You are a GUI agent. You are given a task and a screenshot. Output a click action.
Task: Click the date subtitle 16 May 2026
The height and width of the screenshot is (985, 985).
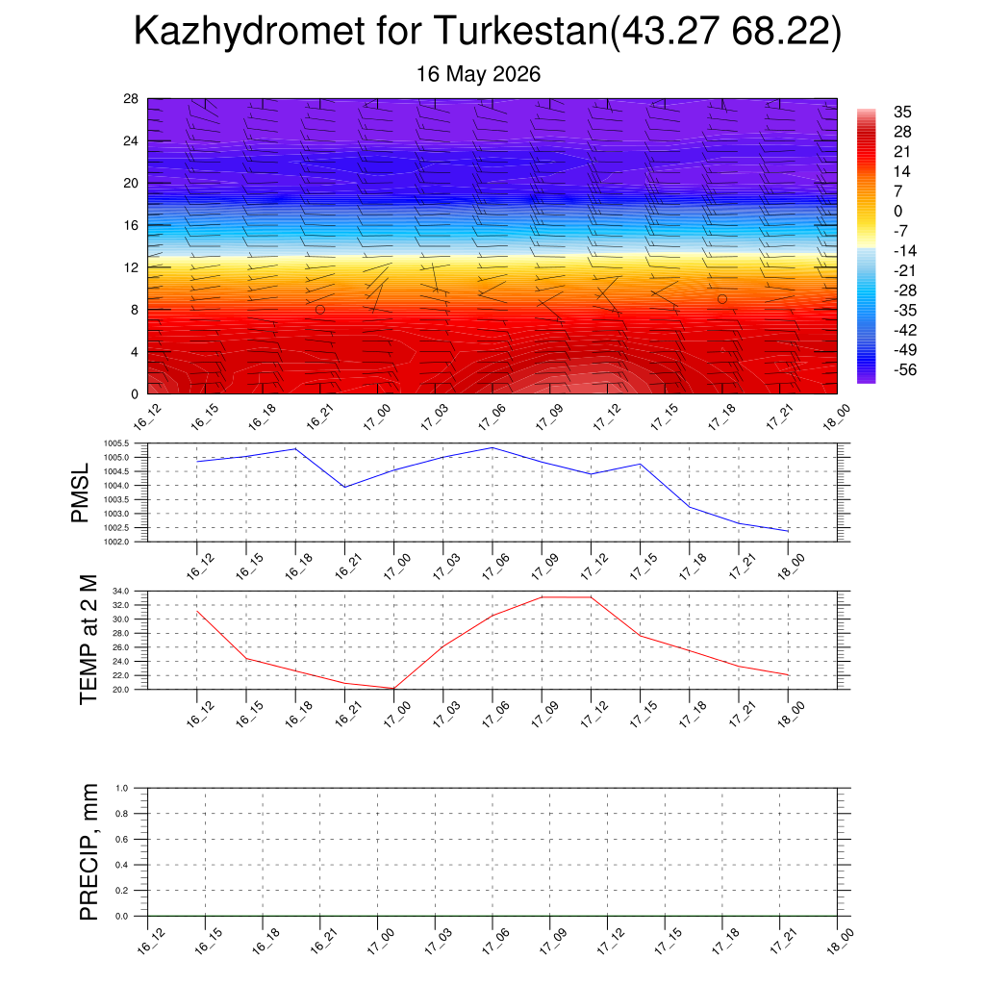(x=478, y=74)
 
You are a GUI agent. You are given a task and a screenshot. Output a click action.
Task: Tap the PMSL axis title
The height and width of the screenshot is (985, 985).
(x=81, y=493)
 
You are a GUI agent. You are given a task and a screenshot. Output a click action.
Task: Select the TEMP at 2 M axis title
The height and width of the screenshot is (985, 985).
(x=88, y=640)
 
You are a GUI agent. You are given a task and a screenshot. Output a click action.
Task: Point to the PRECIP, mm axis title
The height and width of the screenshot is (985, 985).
(x=88, y=852)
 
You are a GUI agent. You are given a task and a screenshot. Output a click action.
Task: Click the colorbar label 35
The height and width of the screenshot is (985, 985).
(x=902, y=112)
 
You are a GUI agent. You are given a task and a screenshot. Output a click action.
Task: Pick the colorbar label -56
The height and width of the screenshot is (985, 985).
(x=904, y=370)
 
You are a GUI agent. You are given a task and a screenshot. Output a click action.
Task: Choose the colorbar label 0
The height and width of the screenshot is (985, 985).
(x=897, y=211)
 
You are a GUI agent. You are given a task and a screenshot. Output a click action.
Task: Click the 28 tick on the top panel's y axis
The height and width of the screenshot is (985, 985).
(x=131, y=99)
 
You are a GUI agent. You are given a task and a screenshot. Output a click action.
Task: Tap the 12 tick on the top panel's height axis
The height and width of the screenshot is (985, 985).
(x=131, y=267)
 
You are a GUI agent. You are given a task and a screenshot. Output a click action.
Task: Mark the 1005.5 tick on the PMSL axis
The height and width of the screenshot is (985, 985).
(x=116, y=443)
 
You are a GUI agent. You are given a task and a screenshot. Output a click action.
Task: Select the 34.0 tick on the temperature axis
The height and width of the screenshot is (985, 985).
(x=120, y=592)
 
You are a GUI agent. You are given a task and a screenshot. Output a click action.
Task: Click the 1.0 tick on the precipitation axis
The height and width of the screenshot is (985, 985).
(x=122, y=788)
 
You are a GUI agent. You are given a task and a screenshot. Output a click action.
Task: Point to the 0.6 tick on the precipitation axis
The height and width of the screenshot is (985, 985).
(x=122, y=839)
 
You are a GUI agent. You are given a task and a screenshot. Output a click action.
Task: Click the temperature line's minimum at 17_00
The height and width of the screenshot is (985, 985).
(x=393, y=689)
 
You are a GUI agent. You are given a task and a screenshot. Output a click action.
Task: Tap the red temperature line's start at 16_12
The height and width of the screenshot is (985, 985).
(x=197, y=611)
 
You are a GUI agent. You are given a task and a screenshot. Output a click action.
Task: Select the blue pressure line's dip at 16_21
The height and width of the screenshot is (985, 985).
(x=345, y=487)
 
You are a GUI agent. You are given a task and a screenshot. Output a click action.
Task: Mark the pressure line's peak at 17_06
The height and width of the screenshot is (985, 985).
(x=492, y=448)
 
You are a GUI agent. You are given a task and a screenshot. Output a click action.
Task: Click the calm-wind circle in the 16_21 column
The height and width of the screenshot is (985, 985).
(x=320, y=310)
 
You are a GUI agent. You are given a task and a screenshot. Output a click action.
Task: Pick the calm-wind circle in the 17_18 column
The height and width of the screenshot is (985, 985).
(x=722, y=299)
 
